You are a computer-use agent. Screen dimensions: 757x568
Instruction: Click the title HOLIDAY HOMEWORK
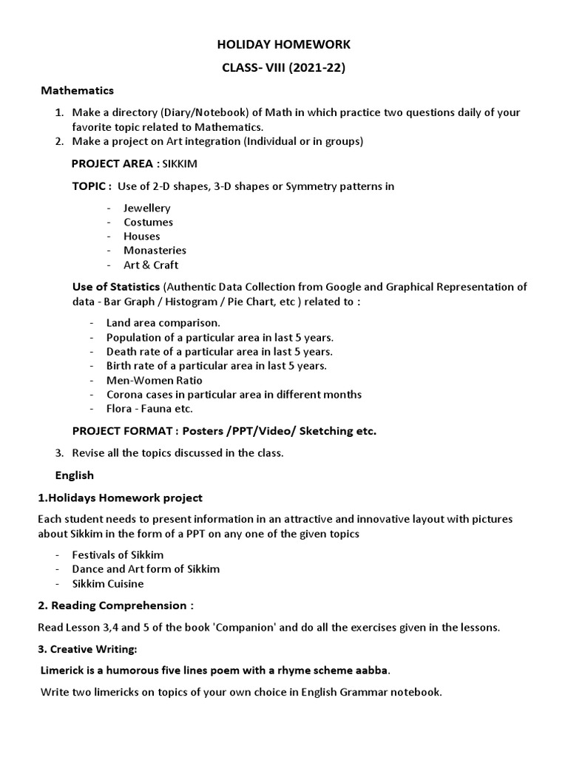pyautogui.click(x=284, y=45)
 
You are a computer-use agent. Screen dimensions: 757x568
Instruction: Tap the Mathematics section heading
pyautogui.click(x=77, y=91)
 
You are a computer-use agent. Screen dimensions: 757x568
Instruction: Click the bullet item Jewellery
pyautogui.click(x=146, y=208)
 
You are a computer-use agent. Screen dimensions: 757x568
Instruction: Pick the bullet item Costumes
pyautogui.click(x=148, y=223)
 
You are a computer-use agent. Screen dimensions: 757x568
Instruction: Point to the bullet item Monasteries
pyautogui.click(x=155, y=251)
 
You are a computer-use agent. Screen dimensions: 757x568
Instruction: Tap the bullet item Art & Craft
pyautogui.click(x=150, y=265)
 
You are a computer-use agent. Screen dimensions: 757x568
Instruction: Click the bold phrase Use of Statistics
pyautogui.click(x=115, y=287)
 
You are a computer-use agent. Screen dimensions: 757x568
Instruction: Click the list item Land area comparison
pyautogui.click(x=163, y=323)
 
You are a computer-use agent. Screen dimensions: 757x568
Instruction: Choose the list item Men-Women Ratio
pyautogui.click(x=154, y=380)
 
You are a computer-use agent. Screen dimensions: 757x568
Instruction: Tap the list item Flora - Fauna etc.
pyautogui.click(x=149, y=408)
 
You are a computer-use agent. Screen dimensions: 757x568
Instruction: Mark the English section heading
pyautogui.click(x=74, y=475)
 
